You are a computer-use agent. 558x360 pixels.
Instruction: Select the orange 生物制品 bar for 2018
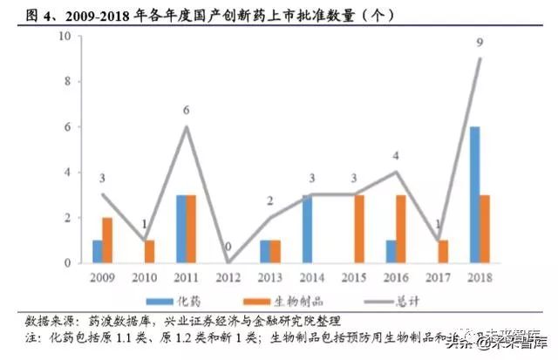(484, 228)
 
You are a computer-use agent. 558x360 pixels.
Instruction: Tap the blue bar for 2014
(306, 228)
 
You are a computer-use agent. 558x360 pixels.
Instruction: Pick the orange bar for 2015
(358, 228)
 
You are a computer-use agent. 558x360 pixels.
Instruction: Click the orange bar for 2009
(107, 240)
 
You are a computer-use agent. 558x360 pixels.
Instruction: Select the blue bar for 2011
(180, 228)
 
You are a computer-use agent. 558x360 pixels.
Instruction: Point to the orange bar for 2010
(149, 251)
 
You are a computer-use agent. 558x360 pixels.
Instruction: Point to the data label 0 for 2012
(228, 246)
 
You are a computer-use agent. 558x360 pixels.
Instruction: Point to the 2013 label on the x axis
(269, 276)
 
